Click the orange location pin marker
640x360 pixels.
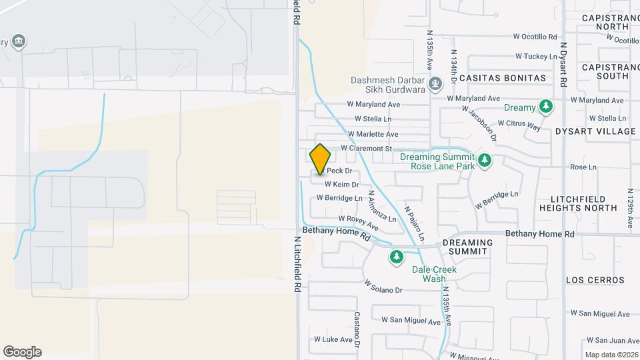pyautogui.click(x=320, y=159)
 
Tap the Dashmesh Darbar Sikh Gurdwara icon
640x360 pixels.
pyautogui.click(x=435, y=83)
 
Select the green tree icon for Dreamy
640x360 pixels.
pyautogui.click(x=546, y=107)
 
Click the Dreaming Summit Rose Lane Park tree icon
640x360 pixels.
pyautogui.click(x=485, y=161)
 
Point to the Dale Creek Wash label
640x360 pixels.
pyautogui.click(x=434, y=274)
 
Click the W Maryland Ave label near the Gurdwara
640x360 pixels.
pyautogui.click(x=373, y=104)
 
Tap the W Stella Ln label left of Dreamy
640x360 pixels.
pyautogui.click(x=373, y=119)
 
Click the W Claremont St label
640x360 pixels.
pyautogui.click(x=366, y=148)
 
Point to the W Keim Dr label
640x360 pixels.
pyautogui.click(x=341, y=185)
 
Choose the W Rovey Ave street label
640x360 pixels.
pyautogui.click(x=358, y=219)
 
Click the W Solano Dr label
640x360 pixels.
pyautogui.click(x=383, y=290)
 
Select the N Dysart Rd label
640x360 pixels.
pyautogui.click(x=563, y=65)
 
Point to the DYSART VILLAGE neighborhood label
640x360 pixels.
pyautogui.click(x=595, y=131)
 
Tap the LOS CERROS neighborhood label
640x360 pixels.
pyautogui.click(x=595, y=280)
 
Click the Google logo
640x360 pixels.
pyautogui.click(x=22, y=352)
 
